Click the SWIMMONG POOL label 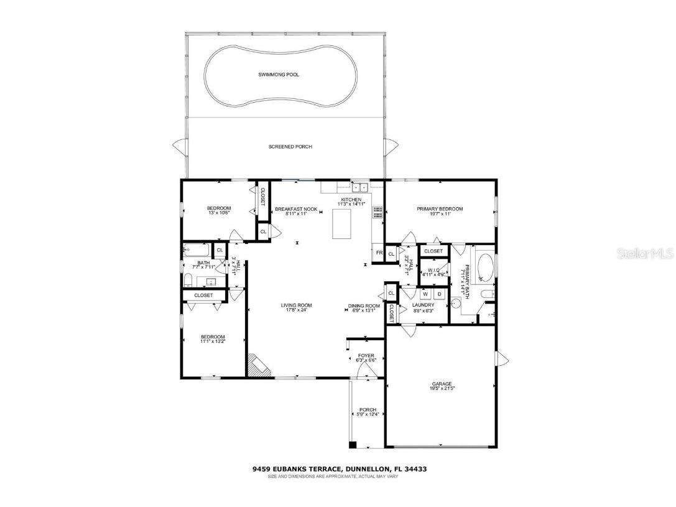pos(279,75)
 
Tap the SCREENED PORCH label pos(290,147)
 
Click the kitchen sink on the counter pos(359,187)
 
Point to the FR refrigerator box pos(378,253)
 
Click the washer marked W pos(427,294)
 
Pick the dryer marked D pos(439,294)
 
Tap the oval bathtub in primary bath pos(484,268)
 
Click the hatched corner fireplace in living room pos(257,365)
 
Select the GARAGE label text pos(442,384)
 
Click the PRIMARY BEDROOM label pos(440,209)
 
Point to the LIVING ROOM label pos(296,305)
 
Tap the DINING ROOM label pos(364,306)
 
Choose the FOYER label pos(366,356)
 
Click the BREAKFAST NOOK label pos(296,209)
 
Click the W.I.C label pos(433,270)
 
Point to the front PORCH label pos(368,410)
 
